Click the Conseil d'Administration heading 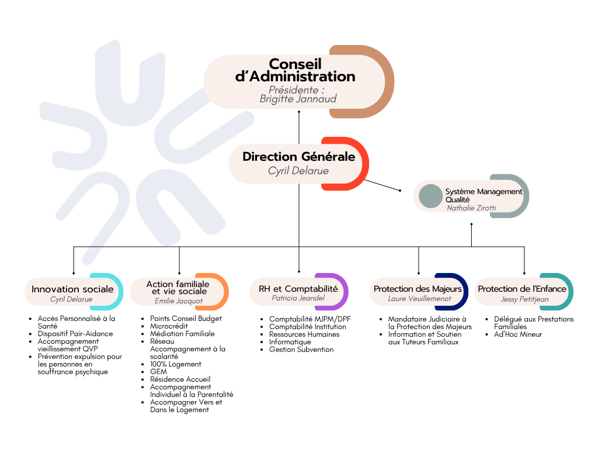[x=295, y=70]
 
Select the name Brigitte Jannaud [x=298, y=99]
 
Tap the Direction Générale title [x=298, y=157]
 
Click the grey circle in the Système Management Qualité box [x=430, y=196]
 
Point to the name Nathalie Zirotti [x=471, y=208]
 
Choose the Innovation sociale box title [x=72, y=289]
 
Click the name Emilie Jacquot [x=179, y=301]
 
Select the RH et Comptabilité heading [x=298, y=289]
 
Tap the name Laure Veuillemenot [x=419, y=299]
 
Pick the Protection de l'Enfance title [x=522, y=289]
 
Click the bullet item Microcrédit [x=169, y=326]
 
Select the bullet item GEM [x=158, y=371]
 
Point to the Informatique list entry [x=290, y=342]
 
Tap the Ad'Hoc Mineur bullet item [x=518, y=334]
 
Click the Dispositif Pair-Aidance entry [x=75, y=334]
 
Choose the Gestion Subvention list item [x=301, y=350]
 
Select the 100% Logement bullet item [x=175, y=364]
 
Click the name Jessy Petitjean [x=525, y=299]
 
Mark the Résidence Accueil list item [x=180, y=379]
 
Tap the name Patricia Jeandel [x=298, y=298]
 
